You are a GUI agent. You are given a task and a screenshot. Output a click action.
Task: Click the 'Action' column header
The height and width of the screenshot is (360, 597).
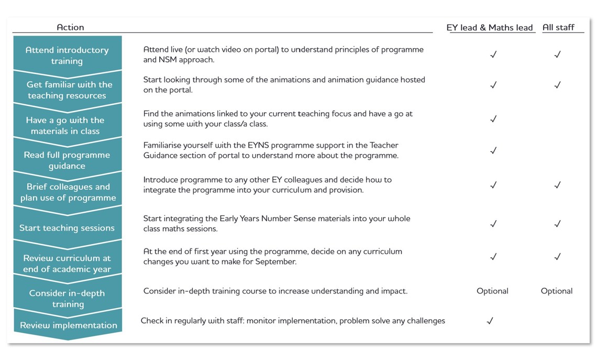[70, 27]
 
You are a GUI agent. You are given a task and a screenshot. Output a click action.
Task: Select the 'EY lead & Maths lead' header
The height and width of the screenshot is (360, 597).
[490, 28]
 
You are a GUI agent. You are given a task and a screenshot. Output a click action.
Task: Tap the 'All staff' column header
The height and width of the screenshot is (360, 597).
[558, 28]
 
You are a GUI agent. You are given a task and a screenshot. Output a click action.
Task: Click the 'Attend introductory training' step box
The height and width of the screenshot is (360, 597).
[67, 55]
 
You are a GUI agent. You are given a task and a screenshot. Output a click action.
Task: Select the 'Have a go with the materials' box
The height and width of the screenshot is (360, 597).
[65, 126]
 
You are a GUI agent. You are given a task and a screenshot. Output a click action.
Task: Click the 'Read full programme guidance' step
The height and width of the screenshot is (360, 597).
[67, 160]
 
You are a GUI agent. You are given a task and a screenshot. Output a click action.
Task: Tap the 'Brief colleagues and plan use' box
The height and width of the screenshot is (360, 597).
[68, 192]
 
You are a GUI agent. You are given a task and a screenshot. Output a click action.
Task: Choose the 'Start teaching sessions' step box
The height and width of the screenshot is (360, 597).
[67, 228]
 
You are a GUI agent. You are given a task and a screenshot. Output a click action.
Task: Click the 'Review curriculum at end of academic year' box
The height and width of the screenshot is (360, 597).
[67, 264]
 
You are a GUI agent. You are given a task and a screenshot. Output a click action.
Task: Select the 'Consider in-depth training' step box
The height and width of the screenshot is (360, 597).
[68, 299]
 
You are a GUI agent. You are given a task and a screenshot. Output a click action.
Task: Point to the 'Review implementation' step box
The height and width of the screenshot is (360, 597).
[69, 325]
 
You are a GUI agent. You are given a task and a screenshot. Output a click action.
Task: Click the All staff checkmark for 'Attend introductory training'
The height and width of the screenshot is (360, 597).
[557, 54]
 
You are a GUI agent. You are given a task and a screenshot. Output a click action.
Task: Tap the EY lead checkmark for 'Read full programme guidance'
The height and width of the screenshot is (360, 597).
[492, 151]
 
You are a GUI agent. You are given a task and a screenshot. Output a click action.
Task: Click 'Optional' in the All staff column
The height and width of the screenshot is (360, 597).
[556, 291]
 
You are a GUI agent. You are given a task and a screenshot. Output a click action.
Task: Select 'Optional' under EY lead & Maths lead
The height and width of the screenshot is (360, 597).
[492, 291]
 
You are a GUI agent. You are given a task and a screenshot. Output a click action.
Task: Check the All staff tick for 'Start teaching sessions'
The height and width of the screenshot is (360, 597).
[557, 224]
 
